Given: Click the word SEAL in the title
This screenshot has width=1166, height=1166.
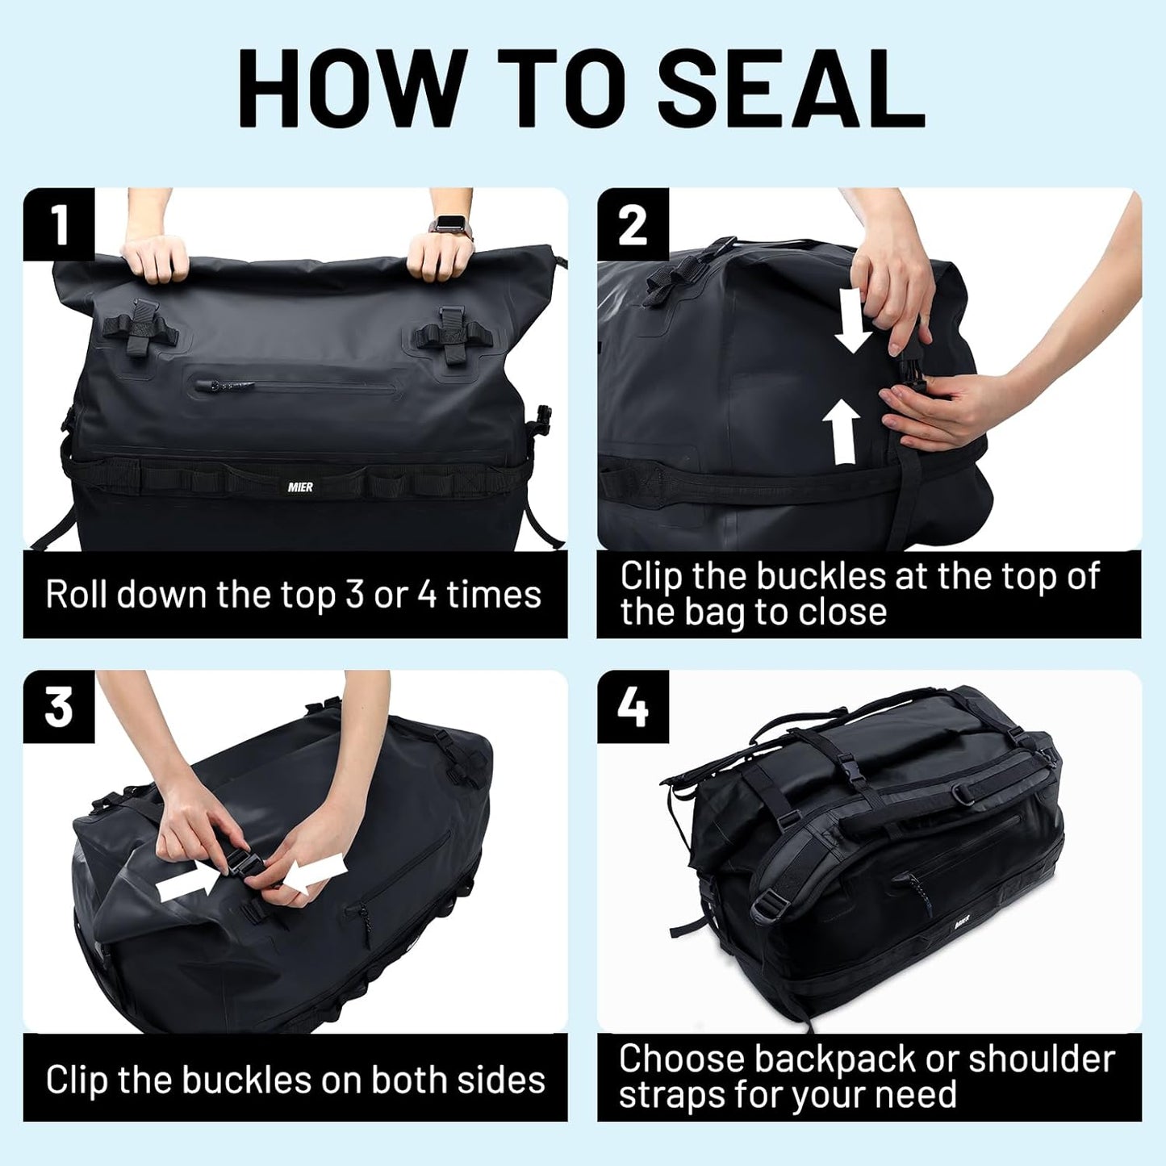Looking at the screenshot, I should pyautogui.click(x=791, y=88).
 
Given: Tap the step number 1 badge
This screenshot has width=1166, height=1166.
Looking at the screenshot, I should pyautogui.click(x=59, y=224).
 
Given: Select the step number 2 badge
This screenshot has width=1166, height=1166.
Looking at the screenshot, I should pyautogui.click(x=633, y=224).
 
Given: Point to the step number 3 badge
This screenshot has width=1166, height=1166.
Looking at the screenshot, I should pyautogui.click(x=59, y=707).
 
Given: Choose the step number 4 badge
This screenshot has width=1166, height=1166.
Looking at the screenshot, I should pyautogui.click(x=633, y=707).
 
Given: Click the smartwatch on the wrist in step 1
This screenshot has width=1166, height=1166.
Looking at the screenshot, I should pyautogui.click(x=446, y=224).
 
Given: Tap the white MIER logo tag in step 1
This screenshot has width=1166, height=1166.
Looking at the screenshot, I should pyautogui.click(x=300, y=487).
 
